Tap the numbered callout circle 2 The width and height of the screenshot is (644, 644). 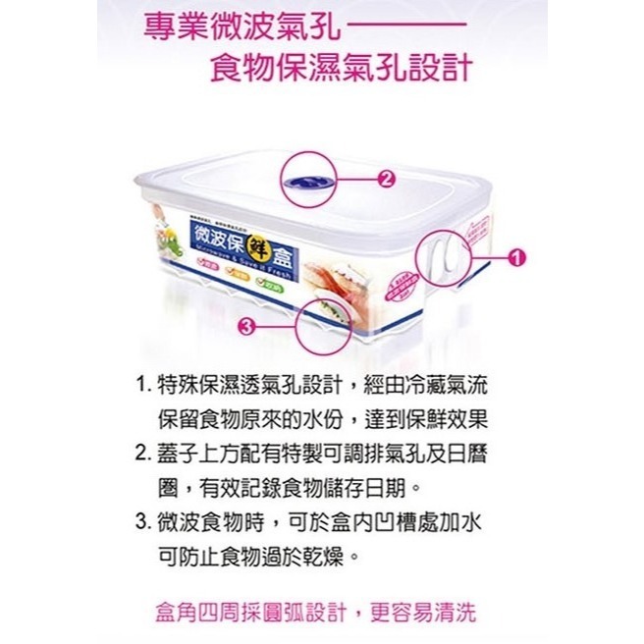point(385,179)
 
